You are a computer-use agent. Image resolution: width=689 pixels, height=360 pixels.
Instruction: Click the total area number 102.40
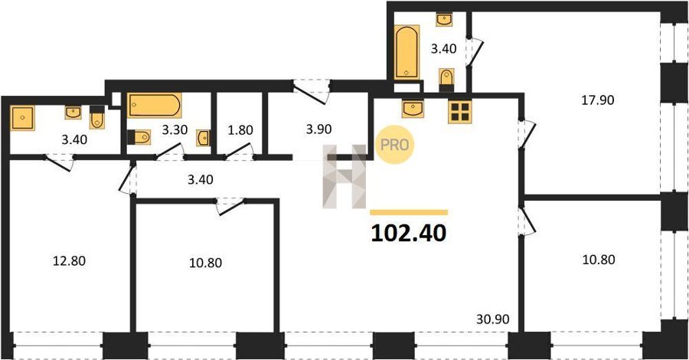409,234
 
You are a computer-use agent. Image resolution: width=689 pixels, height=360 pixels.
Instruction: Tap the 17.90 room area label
598,100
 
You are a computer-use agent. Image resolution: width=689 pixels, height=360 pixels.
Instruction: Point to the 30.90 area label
493,319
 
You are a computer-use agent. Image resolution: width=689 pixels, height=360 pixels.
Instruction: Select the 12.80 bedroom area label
69,261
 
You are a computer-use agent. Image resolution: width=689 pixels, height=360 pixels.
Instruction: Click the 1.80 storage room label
240,130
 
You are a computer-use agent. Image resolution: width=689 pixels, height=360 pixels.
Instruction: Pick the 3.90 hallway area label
318,129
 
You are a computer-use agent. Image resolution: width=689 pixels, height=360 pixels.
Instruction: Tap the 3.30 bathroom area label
175,129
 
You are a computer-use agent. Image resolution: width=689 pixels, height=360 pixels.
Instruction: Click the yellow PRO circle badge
394,145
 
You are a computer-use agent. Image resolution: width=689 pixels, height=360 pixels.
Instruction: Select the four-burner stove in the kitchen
459,111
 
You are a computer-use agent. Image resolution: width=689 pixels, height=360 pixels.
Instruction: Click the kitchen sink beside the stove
413,109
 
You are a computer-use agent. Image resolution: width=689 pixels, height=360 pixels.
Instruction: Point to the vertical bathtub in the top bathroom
407,52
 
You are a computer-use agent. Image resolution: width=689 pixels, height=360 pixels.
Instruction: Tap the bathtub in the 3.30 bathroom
155,106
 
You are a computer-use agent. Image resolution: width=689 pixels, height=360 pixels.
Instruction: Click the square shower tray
22,118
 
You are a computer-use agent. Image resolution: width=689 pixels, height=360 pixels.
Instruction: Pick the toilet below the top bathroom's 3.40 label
446,80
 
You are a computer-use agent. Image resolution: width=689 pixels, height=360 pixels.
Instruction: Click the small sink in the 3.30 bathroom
203,138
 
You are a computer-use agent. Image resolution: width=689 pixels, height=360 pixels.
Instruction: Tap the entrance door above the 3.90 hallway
312,91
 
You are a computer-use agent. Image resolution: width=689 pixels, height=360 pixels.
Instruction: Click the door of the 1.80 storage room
239,151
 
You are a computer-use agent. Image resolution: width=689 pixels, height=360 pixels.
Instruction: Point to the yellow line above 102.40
409,212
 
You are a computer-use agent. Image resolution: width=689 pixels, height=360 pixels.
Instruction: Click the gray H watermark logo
344,176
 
